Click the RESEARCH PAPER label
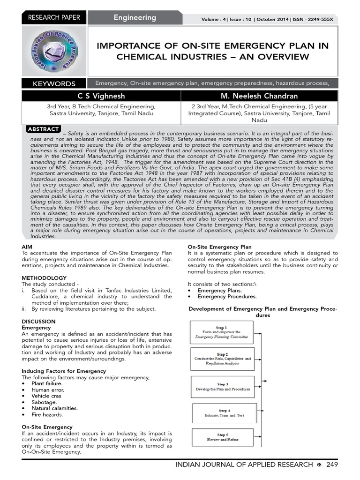click(x=54, y=18)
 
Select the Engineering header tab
click(x=135, y=18)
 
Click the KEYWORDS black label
click(x=54, y=84)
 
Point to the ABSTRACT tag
click(x=44, y=129)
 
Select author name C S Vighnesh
click(x=102, y=96)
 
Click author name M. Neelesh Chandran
click(x=259, y=96)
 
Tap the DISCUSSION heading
click(x=38, y=322)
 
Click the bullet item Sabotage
click(x=44, y=402)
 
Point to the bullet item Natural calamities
click(x=54, y=408)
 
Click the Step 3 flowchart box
click(x=223, y=387)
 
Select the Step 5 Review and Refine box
click(x=223, y=437)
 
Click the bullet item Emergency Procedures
click(x=227, y=296)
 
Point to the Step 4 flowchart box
click(x=224, y=413)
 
